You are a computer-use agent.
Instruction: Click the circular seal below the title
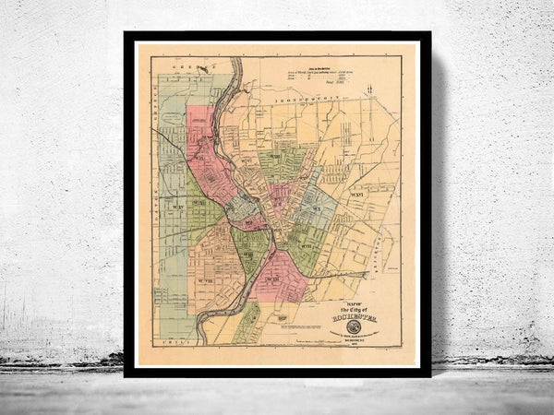pyautogui.click(x=353, y=326)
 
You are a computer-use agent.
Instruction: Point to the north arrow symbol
pyautogui.click(x=369, y=89)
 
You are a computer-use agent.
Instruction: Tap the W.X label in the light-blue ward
pyautogui.click(x=317, y=209)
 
